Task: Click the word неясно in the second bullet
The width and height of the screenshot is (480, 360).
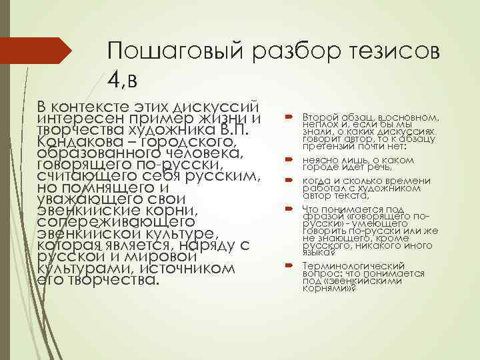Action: point(317,161)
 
